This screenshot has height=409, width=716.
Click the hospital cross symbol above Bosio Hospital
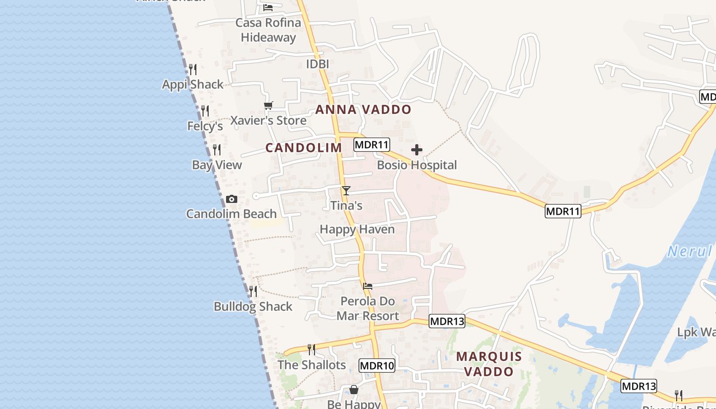click(x=417, y=150)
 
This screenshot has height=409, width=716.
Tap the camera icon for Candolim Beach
click(x=232, y=199)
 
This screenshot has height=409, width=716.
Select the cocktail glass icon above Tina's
click(x=346, y=191)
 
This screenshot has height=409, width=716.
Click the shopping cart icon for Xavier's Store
click(x=268, y=106)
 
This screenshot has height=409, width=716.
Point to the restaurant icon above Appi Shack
click(x=193, y=69)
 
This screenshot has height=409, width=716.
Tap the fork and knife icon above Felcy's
click(x=205, y=110)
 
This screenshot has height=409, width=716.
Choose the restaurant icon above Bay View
click(x=217, y=149)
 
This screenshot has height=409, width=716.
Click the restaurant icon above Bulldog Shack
click(x=253, y=291)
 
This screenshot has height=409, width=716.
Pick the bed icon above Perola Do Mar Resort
click(x=368, y=286)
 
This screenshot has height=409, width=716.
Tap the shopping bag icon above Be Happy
click(x=354, y=390)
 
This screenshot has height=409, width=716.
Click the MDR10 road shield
click(x=377, y=365)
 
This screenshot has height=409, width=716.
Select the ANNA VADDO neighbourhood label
click(x=363, y=109)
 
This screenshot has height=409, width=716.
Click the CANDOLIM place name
click(x=304, y=148)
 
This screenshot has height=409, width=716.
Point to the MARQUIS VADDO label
click(x=489, y=363)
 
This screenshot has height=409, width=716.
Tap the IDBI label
click(x=317, y=64)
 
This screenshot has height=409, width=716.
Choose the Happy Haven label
click(x=357, y=229)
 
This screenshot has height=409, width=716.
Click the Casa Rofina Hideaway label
click(x=268, y=30)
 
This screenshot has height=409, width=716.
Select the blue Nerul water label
click(x=690, y=251)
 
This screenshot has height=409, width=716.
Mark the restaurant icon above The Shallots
click(x=311, y=349)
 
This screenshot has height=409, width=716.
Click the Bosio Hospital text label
click(x=417, y=165)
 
